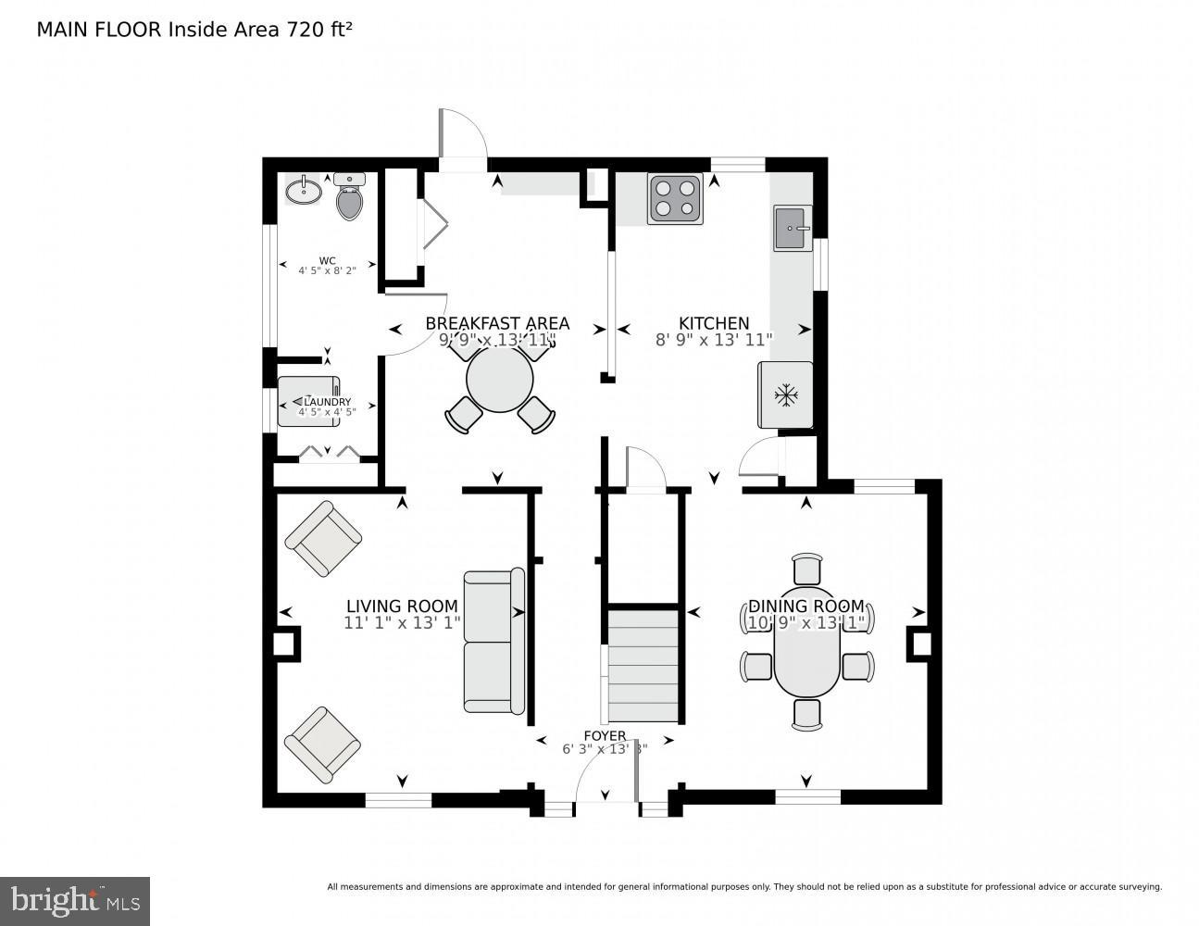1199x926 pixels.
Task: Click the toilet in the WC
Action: click(349, 198)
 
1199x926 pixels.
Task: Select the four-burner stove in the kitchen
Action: click(674, 199)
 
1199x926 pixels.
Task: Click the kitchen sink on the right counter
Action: click(793, 228)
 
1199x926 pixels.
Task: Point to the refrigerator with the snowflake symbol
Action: click(786, 395)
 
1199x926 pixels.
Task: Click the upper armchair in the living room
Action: click(323, 538)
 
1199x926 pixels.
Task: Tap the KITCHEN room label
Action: click(714, 323)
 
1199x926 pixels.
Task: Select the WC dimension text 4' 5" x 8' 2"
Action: click(327, 271)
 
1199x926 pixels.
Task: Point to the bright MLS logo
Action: click(75, 901)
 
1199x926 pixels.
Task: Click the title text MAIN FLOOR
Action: click(99, 30)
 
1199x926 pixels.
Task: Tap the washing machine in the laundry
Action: click(308, 401)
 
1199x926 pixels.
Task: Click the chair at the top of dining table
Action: click(807, 568)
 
